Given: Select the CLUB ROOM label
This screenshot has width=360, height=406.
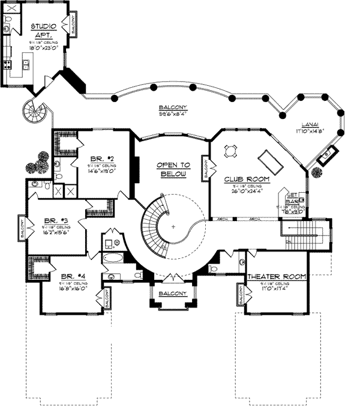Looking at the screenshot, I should point(247,179).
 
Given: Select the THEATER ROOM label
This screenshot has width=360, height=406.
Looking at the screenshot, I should point(277,277).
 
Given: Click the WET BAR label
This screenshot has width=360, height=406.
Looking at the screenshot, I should point(292,199).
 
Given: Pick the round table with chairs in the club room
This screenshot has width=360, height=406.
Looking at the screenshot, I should point(231,151).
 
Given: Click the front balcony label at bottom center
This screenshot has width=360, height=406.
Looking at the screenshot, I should point(172,292).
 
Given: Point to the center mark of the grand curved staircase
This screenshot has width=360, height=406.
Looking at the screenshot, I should point(173,227).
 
